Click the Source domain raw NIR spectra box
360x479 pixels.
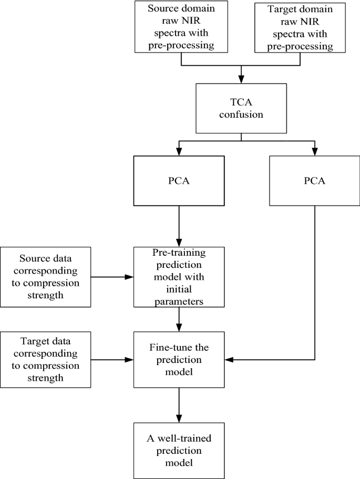(181, 27)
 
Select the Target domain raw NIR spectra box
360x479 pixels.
(301, 27)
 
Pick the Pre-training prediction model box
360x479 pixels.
(180, 276)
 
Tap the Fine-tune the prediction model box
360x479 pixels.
(180, 360)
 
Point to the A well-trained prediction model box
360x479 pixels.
(180, 450)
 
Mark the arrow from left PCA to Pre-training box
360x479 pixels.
(180, 226)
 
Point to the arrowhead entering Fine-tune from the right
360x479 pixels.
(230, 360)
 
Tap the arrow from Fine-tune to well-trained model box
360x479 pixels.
(180, 404)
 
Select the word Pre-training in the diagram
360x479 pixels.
(180, 253)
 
